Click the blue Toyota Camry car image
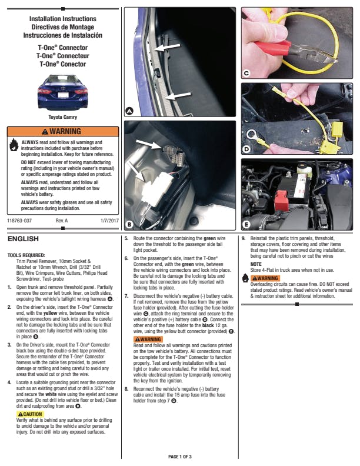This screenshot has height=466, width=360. coord(63,92)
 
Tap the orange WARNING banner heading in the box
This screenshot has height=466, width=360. coord(63,131)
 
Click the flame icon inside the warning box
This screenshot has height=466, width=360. coord(14,144)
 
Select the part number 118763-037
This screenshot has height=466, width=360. coord(19,221)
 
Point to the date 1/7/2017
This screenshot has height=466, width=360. coord(109,221)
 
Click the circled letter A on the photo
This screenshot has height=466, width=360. coord(129,111)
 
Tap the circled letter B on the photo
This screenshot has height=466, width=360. coord(129,224)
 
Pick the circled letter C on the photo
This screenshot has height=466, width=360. coord(246,73)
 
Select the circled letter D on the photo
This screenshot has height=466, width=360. coord(246,149)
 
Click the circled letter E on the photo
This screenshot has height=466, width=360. coord(246,224)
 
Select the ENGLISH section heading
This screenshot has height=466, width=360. coord(23,239)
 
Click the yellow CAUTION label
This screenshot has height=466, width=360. coord(30,414)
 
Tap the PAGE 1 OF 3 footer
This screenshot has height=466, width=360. coord(180,457)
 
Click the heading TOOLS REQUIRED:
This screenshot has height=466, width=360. coord(26,255)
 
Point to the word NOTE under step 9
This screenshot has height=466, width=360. coord(256,264)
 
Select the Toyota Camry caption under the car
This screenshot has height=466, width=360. coord(63,117)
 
